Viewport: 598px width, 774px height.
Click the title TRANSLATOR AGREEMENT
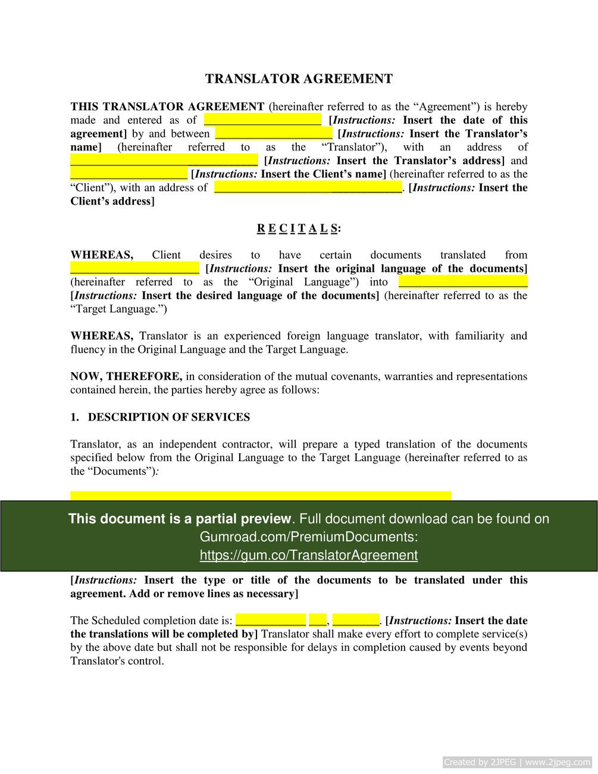coord(299,79)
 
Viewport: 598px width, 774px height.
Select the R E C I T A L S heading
coord(299,228)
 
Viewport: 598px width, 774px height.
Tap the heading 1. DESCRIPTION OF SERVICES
coord(160,417)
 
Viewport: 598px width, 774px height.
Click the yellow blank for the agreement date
coord(262,120)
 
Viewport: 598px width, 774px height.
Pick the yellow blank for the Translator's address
coord(164,161)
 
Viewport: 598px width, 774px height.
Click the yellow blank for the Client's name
coord(129,174)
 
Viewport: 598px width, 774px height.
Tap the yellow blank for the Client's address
coord(308,188)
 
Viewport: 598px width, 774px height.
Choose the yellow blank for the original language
coord(134,269)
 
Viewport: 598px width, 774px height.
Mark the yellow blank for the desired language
coord(462,282)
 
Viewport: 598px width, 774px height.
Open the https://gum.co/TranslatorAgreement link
coord(308,555)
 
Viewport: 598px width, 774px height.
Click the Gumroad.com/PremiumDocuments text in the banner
coord(308,537)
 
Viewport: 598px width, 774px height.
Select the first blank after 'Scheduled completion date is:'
coord(271,621)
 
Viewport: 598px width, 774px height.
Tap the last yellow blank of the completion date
coord(355,621)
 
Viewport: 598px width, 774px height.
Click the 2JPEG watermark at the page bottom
coord(517,762)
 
